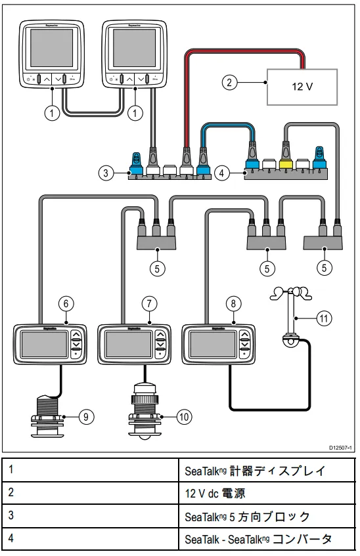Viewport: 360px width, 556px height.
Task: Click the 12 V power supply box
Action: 302,87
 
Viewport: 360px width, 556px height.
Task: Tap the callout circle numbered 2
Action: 229,82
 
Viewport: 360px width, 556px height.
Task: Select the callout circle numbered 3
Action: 106,173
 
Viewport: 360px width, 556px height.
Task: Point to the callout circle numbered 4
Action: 222,173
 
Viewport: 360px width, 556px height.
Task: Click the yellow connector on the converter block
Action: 286,163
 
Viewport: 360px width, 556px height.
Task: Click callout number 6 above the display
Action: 66,303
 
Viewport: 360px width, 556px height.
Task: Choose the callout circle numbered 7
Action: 149,303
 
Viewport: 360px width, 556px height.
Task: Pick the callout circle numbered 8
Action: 233,303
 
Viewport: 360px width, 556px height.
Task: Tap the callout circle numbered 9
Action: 86,416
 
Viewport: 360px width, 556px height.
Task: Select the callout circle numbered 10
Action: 184,416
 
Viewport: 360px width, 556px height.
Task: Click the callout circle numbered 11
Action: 324,318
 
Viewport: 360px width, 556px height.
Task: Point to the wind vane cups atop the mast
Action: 291,293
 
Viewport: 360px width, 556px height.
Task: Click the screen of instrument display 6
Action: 44,344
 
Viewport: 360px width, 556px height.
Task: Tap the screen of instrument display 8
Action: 212,344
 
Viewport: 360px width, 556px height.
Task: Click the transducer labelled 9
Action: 47,417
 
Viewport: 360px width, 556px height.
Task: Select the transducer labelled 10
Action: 144,412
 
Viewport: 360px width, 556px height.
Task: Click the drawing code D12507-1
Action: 340,448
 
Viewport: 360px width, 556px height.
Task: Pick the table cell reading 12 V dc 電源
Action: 267,493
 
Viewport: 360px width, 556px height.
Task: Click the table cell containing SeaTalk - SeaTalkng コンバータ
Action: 267,539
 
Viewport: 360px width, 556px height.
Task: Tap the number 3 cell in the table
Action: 91,516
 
